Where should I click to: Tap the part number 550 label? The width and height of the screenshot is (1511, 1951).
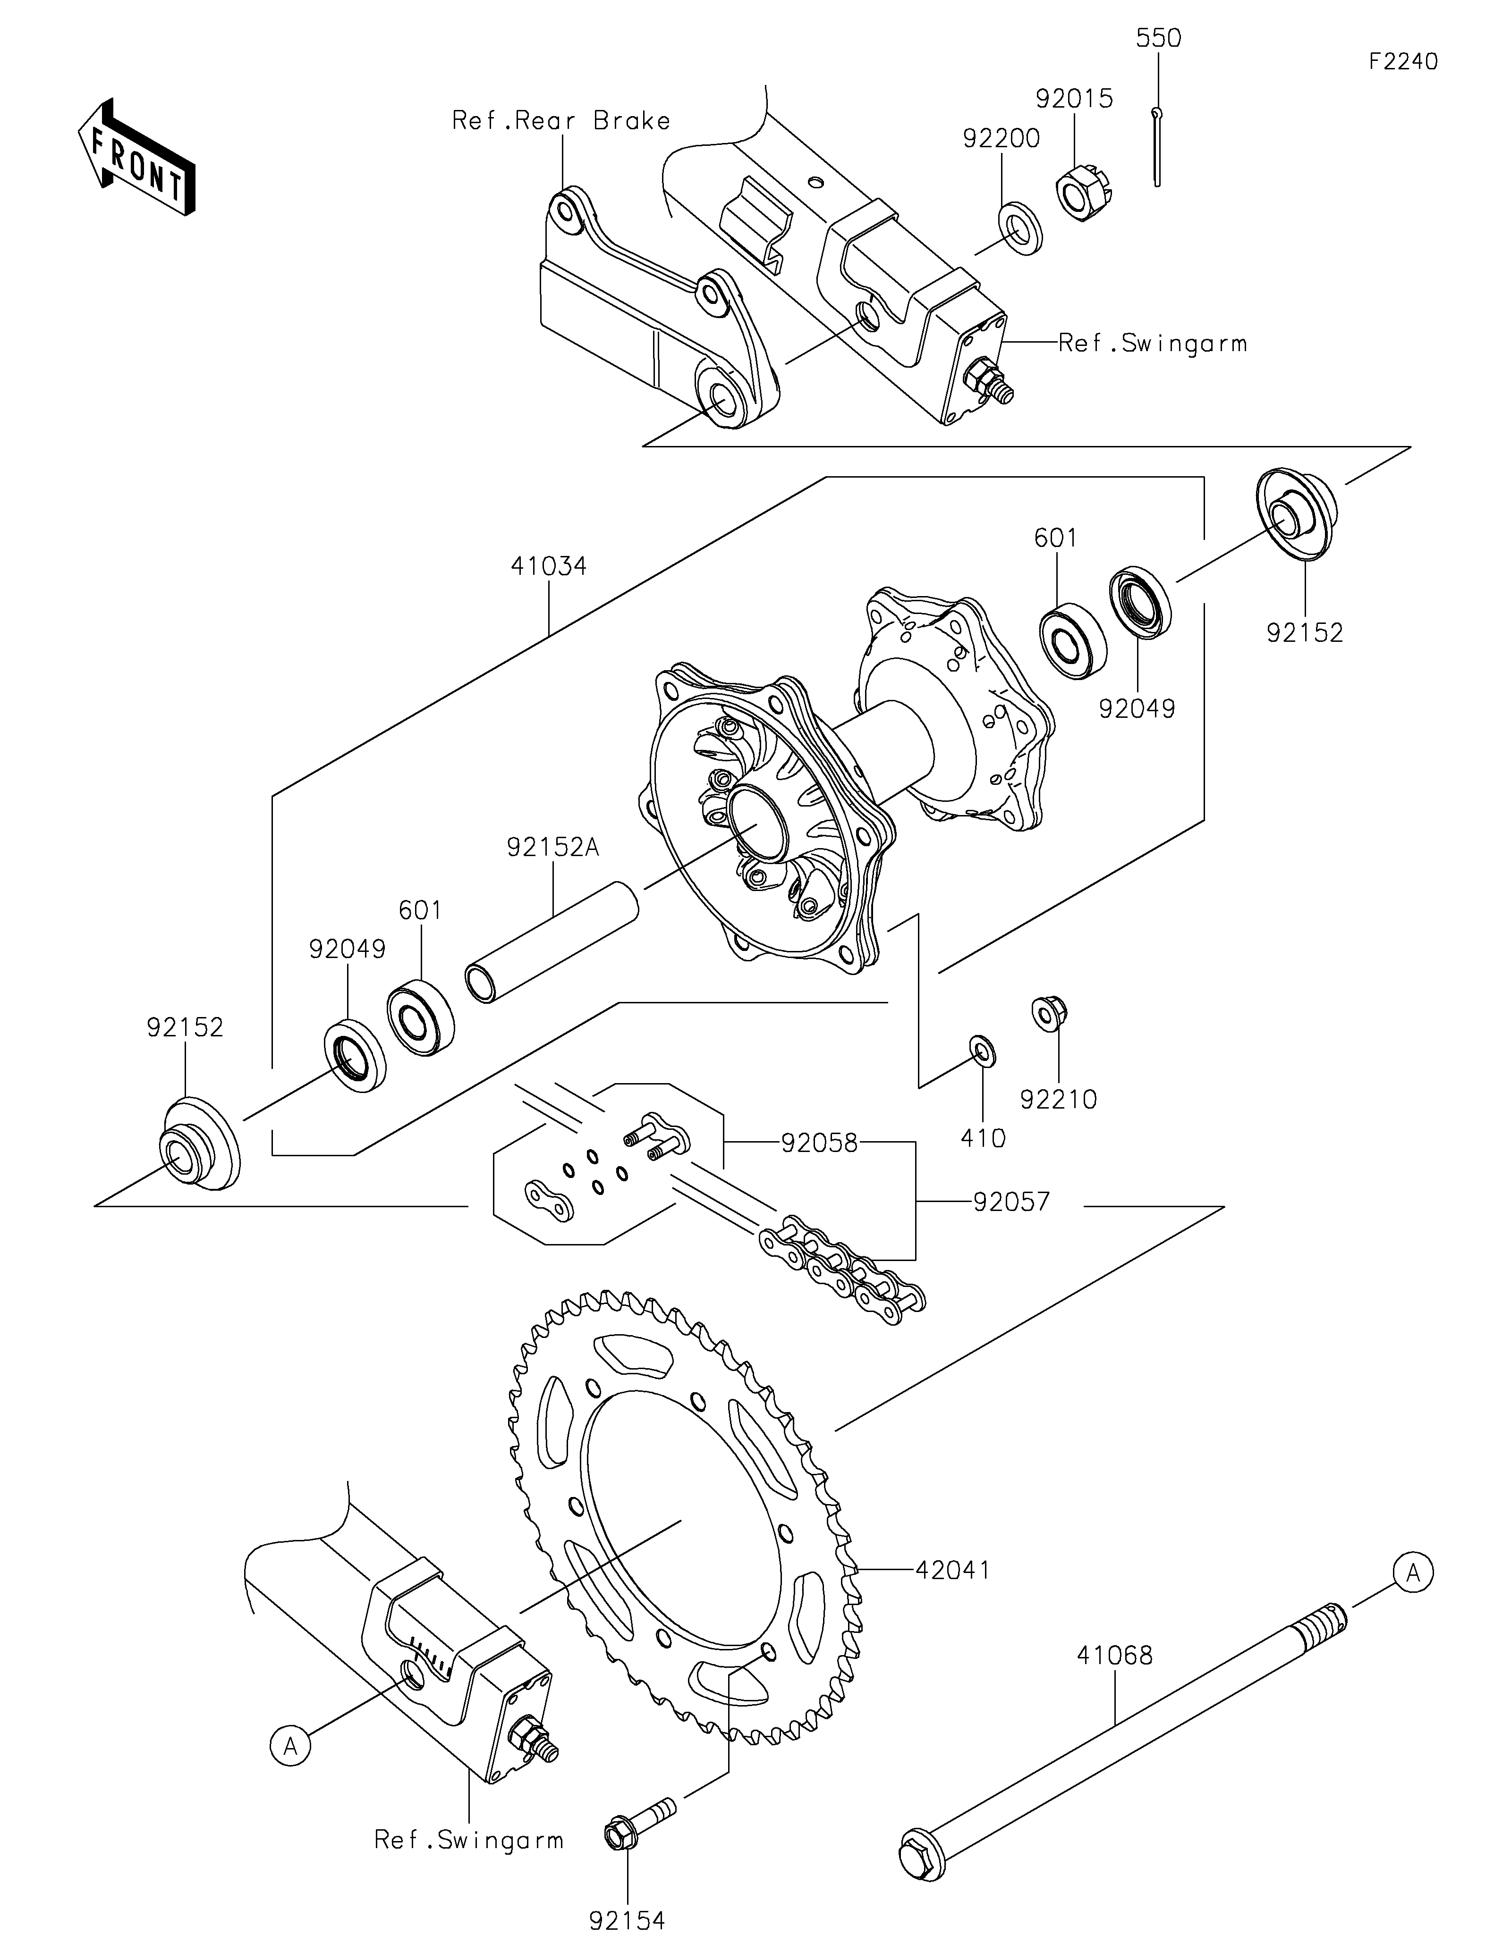(1158, 38)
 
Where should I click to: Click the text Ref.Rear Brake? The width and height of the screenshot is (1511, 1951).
(561, 121)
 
